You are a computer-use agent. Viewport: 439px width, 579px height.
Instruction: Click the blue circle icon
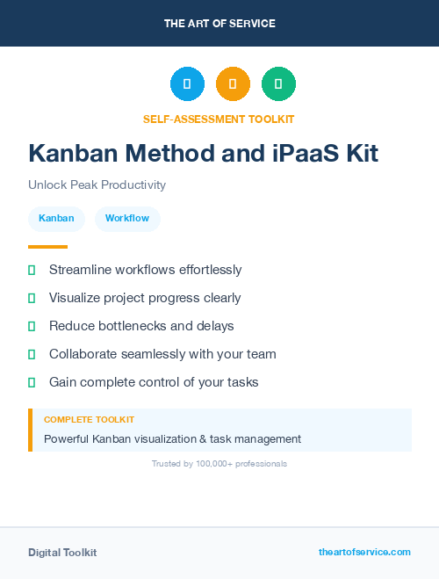click(187, 84)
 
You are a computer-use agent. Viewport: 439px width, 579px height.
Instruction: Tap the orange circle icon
click(233, 84)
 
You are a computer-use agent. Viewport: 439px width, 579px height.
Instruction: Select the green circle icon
click(278, 84)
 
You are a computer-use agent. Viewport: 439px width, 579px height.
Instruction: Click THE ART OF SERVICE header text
click(219, 24)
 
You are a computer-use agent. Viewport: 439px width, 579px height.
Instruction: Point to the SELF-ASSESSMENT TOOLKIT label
click(219, 119)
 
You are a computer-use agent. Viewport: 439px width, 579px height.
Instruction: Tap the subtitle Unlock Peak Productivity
click(97, 185)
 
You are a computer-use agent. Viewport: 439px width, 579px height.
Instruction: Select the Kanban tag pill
click(56, 218)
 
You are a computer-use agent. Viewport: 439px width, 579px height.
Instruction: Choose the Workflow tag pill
click(127, 218)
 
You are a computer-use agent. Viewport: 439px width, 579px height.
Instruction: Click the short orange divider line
click(47, 247)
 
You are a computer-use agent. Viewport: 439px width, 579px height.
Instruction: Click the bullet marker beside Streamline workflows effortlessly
click(32, 270)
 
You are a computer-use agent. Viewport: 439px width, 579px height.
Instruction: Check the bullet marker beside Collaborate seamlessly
click(32, 354)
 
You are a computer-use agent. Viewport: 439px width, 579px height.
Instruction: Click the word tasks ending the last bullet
click(241, 382)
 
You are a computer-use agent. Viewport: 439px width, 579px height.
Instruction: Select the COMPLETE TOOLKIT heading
click(89, 420)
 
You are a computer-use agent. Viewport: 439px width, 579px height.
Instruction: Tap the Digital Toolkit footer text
click(62, 553)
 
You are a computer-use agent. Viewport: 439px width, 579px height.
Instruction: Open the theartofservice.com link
click(364, 552)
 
